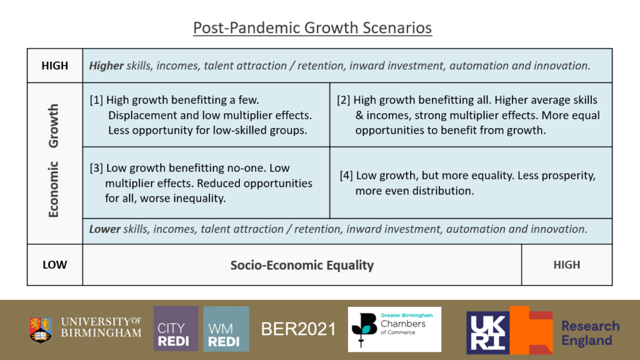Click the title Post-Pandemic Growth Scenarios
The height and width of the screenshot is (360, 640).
pyautogui.click(x=312, y=27)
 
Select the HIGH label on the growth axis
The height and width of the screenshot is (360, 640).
pyautogui.click(x=55, y=66)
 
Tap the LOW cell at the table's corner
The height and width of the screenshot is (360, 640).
pyautogui.click(x=55, y=265)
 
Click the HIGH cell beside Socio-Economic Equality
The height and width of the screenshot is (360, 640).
pyautogui.click(x=566, y=265)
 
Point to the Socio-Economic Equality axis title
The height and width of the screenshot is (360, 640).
pyautogui.click(x=302, y=265)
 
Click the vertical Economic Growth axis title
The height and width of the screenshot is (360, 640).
pyautogui.click(x=54, y=161)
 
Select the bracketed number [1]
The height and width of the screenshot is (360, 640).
pyautogui.click(x=96, y=100)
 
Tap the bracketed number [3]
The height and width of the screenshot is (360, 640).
pyautogui.click(x=96, y=168)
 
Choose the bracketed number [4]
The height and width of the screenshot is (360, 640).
pyautogui.click(x=346, y=176)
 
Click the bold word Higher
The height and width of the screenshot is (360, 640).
pyautogui.click(x=106, y=66)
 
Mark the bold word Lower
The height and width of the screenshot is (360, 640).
pyautogui.click(x=105, y=229)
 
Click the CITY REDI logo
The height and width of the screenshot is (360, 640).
pyautogui.click(x=176, y=329)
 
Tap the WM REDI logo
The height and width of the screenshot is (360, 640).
pyautogui.click(x=226, y=329)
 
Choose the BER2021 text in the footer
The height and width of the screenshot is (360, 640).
pyautogui.click(x=298, y=329)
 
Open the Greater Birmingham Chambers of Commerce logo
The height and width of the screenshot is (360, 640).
pyautogui.click(x=395, y=329)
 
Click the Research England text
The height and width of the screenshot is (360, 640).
pyautogui.click(x=590, y=333)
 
